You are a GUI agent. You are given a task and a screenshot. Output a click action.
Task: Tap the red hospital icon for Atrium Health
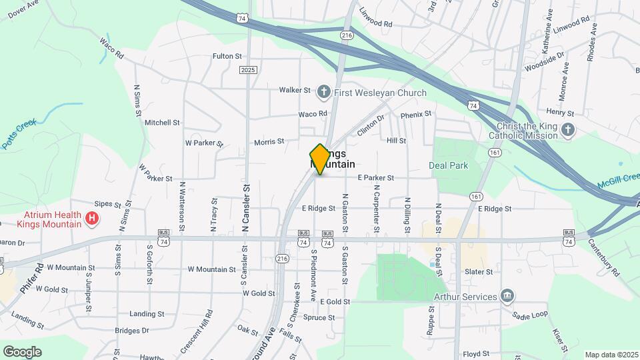click(93, 218)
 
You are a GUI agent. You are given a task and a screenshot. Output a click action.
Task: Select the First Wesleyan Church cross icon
click(324, 92)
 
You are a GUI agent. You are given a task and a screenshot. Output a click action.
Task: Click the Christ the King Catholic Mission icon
click(567, 130)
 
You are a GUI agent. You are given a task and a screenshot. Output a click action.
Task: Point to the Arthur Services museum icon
click(507, 296)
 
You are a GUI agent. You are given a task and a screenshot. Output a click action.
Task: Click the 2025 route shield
click(248, 70)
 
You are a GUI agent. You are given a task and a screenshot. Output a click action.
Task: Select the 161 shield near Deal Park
click(494, 153)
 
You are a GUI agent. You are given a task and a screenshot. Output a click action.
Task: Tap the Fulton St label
click(227, 57)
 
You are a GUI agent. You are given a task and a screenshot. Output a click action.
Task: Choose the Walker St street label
click(295, 90)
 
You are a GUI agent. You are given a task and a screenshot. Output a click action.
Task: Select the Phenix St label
click(416, 115)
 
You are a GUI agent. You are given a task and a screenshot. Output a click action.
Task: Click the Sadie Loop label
click(530, 314)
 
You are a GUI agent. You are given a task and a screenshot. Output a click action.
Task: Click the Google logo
click(22, 351)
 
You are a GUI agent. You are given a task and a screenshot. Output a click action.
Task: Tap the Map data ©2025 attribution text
click(610, 355)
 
